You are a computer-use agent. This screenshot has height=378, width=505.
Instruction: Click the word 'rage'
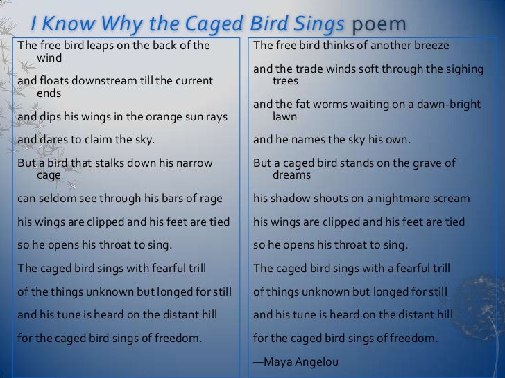(x=211, y=199)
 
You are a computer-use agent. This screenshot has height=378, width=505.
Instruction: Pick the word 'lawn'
(x=285, y=117)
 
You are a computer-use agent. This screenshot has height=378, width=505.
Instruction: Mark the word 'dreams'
(x=292, y=175)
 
